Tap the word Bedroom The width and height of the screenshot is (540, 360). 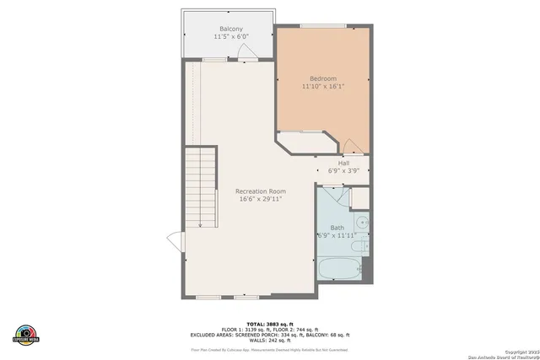tap(323, 79)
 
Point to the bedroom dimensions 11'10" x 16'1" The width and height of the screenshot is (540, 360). tap(324, 87)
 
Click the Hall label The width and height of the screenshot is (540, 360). tap(343, 163)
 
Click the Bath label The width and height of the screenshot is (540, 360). tap(337, 228)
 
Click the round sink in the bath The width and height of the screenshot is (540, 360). tap(361, 223)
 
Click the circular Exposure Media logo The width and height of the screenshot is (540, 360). tap(26, 335)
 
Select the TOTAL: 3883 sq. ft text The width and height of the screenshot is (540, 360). tap(270, 324)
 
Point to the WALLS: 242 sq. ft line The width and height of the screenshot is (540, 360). tap(270, 340)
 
